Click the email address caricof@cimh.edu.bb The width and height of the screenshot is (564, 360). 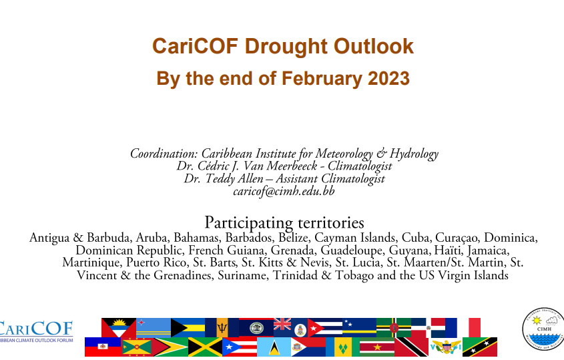(284, 191)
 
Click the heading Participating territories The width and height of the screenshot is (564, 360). (284, 223)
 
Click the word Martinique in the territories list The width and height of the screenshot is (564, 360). (91, 262)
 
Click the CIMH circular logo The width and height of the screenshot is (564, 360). (543, 329)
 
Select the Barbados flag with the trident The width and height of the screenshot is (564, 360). (222, 327)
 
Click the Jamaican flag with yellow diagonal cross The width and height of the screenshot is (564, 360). (205, 347)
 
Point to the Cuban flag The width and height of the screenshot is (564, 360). (325, 327)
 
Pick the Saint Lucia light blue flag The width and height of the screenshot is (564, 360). (274, 347)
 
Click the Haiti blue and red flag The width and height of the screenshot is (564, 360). (103, 347)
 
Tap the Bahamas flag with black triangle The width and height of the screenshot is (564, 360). (188, 327)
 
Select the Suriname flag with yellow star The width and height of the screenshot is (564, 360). (377, 347)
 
